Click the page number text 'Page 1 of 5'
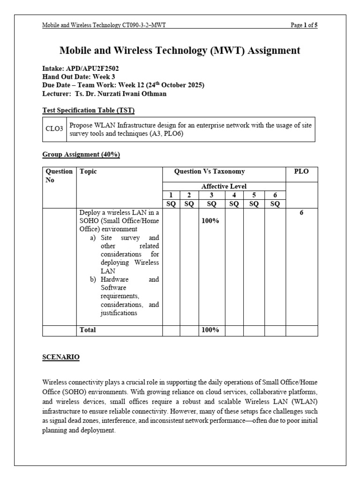[x=304, y=26]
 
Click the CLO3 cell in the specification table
[x=55, y=129]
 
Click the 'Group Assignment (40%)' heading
[x=81, y=155]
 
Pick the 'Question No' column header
[x=58, y=176]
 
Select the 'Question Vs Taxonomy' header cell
[x=210, y=172]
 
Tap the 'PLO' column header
[x=301, y=172]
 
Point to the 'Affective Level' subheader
[x=224, y=186]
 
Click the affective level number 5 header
[x=254, y=195]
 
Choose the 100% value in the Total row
[x=210, y=330]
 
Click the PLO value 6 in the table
[x=301, y=212]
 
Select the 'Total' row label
[x=88, y=330]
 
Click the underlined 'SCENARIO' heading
[x=61, y=357]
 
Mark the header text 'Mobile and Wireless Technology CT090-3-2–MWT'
[x=104, y=26]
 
